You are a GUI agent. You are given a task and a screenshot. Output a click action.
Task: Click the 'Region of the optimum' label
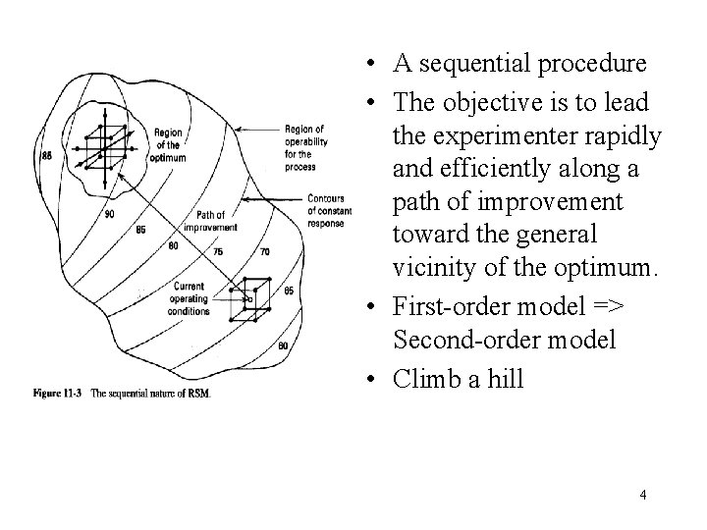170,144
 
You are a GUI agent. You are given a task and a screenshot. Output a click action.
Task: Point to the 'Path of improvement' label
210,221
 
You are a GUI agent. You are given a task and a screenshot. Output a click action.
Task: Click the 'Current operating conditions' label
190,298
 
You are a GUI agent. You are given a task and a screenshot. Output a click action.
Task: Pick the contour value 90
107,214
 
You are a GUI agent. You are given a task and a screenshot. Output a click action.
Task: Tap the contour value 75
217,251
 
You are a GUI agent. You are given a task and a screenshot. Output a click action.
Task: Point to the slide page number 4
642,495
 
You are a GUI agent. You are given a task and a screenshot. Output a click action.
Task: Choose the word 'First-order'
452,306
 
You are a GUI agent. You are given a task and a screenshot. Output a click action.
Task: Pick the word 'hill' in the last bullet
506,377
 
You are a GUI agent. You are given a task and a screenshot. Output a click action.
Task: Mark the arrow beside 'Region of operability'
254,130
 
